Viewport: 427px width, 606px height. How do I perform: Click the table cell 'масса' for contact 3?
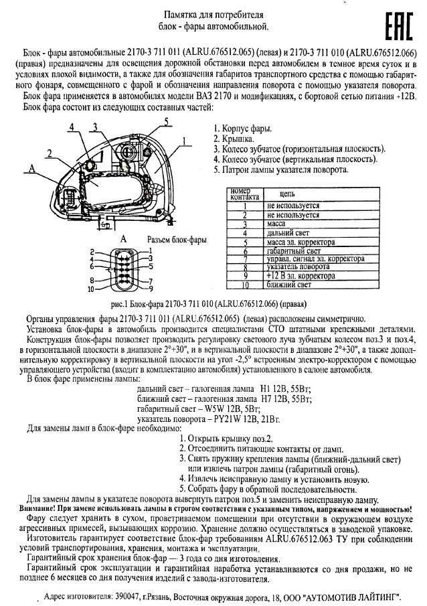point(276,224)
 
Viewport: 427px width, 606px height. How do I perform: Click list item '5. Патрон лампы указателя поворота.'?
point(280,169)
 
